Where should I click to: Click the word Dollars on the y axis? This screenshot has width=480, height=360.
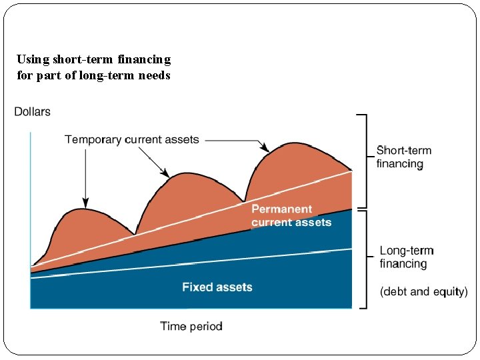(x=32, y=111)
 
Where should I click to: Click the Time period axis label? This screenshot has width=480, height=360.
(x=191, y=326)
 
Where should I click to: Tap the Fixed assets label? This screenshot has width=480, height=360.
(x=217, y=287)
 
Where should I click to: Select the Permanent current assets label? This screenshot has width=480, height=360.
(x=291, y=216)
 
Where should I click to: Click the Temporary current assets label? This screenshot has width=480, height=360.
(x=132, y=139)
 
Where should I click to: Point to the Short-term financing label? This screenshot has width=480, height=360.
(x=403, y=157)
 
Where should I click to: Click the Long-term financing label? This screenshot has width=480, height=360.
(x=407, y=257)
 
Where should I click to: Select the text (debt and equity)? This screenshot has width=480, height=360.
(x=424, y=291)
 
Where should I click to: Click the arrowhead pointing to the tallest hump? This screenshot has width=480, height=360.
(x=264, y=147)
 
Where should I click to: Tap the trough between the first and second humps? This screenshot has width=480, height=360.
(x=135, y=234)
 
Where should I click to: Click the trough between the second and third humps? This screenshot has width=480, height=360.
(x=245, y=201)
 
